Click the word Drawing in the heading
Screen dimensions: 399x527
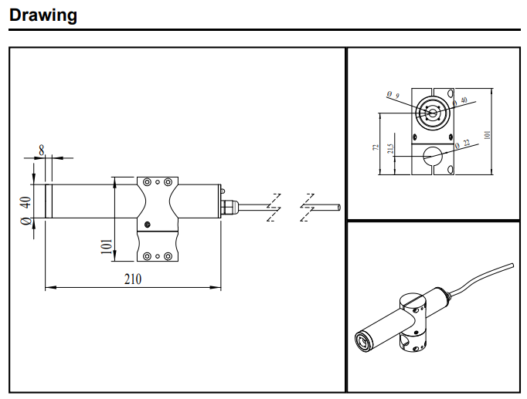[x=43, y=15]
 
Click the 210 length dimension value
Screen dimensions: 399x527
[x=132, y=279]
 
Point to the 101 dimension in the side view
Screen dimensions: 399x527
[x=107, y=249]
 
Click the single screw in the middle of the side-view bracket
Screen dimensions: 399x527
[x=147, y=224]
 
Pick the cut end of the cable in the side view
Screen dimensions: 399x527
[x=338, y=206]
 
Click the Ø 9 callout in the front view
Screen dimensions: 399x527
[x=394, y=95]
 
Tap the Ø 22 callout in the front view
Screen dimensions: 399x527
[x=462, y=143]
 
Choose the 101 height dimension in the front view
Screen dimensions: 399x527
[x=487, y=133]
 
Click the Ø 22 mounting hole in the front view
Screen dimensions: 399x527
[x=433, y=154]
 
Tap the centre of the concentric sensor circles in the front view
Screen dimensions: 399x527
[x=432, y=113]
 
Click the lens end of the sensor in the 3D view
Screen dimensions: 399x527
[x=362, y=340]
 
